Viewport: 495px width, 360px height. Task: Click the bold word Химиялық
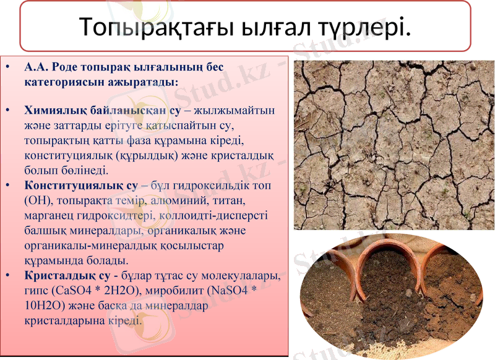pyautogui.click(x=52, y=111)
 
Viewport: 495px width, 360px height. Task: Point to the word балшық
pyautogui.click(x=45, y=231)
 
